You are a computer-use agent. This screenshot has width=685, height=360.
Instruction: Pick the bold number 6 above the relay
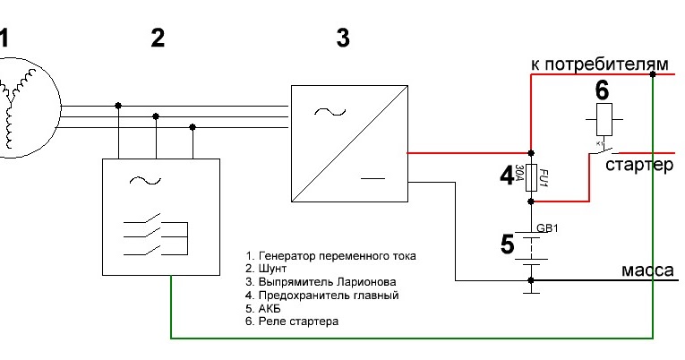tap(603, 90)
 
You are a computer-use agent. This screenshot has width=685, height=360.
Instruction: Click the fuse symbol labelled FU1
tap(531, 176)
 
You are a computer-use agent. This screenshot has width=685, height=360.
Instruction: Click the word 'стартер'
tap(638, 166)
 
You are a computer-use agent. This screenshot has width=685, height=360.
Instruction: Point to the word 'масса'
tap(647, 270)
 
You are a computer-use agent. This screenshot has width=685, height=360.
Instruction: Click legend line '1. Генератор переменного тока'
tap(330, 256)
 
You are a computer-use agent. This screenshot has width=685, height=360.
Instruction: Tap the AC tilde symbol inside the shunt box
tap(141, 180)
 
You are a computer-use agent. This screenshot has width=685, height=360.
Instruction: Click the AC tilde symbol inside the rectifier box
tap(327, 113)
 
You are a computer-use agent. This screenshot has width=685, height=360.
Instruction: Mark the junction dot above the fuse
tap(531, 152)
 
